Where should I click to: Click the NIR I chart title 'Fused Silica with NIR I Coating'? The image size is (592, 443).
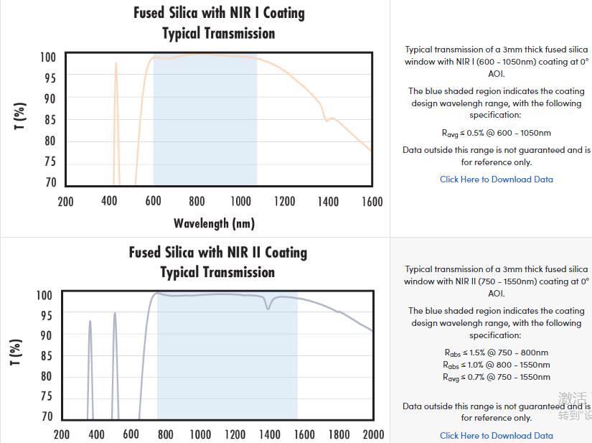pos(219,13)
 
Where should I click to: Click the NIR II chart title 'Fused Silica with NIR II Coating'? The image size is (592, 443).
pos(217,252)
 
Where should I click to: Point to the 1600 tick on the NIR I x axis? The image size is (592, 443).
pos(372,202)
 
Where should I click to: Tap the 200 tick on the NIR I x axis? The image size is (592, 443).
pos(65,202)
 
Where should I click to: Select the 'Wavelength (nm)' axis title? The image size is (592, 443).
pos(214,223)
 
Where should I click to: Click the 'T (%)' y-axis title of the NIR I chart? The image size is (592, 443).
pos(20,116)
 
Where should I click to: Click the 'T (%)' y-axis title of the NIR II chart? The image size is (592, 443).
pos(16,352)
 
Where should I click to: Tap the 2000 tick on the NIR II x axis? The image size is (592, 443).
pos(373,434)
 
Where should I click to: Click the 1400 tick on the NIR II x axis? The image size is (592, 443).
pos(270,434)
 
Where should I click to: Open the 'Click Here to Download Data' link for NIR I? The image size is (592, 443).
pos(497,179)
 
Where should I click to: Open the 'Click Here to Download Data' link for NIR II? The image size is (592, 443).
pos(497,435)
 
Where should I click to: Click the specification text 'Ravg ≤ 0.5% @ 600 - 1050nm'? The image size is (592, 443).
pos(497,133)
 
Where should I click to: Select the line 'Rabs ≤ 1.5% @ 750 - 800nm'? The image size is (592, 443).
pos(497,353)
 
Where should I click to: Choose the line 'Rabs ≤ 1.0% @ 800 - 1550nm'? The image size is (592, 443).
pos(497,365)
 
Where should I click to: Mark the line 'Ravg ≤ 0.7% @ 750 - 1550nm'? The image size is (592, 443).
pos(497,377)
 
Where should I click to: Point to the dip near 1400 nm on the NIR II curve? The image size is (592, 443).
pos(268,308)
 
